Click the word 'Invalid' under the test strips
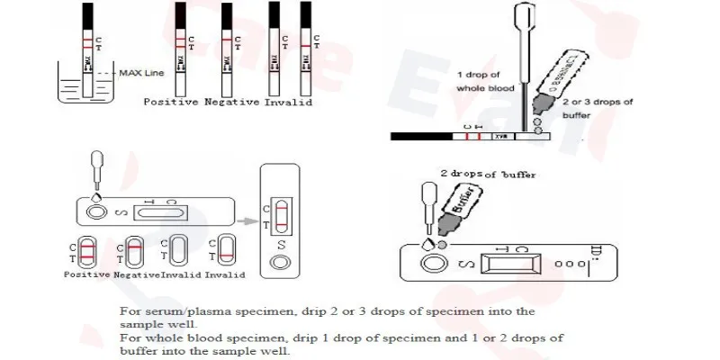tap(289, 103)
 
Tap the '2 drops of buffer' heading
tap(487, 174)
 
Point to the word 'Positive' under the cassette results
tap(87, 274)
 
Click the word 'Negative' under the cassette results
tap(137, 274)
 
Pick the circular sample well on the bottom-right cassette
tap(436, 265)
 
